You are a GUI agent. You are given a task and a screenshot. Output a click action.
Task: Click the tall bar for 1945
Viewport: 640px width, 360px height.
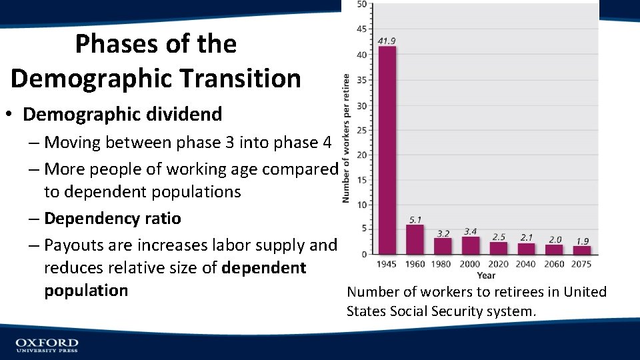[387, 150]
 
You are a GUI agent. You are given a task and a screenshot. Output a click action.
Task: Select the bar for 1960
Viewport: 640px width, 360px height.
[415, 239]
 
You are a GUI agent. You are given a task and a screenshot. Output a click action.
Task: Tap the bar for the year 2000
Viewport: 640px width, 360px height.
[471, 245]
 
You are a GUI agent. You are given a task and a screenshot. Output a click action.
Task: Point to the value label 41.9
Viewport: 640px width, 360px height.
[387, 41]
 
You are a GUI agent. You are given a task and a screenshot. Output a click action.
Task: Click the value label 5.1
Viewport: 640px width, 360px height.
[415, 219]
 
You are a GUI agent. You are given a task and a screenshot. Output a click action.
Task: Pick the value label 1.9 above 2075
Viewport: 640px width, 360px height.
[582, 241]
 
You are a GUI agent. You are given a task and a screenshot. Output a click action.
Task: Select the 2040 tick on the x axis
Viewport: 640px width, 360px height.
[526, 264]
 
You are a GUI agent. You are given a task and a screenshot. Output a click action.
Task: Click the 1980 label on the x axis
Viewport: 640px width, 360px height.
[442, 264]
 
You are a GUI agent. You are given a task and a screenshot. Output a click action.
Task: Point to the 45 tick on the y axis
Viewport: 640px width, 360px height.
[361, 29]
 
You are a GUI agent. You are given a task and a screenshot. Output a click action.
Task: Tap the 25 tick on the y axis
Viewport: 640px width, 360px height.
[361, 130]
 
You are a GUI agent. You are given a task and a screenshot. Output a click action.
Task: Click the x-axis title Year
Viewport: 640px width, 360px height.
[486, 275]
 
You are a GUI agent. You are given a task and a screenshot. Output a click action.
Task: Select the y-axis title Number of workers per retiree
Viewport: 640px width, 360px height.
[346, 138]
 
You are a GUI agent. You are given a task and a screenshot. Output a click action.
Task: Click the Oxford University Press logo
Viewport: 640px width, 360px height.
[47, 345]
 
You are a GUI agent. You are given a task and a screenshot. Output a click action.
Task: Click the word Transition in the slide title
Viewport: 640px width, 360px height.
[248, 78]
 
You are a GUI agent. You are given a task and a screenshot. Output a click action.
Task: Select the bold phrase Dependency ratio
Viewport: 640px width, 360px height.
[112, 219]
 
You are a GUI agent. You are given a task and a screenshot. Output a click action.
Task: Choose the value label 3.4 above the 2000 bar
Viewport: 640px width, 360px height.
[471, 231]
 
